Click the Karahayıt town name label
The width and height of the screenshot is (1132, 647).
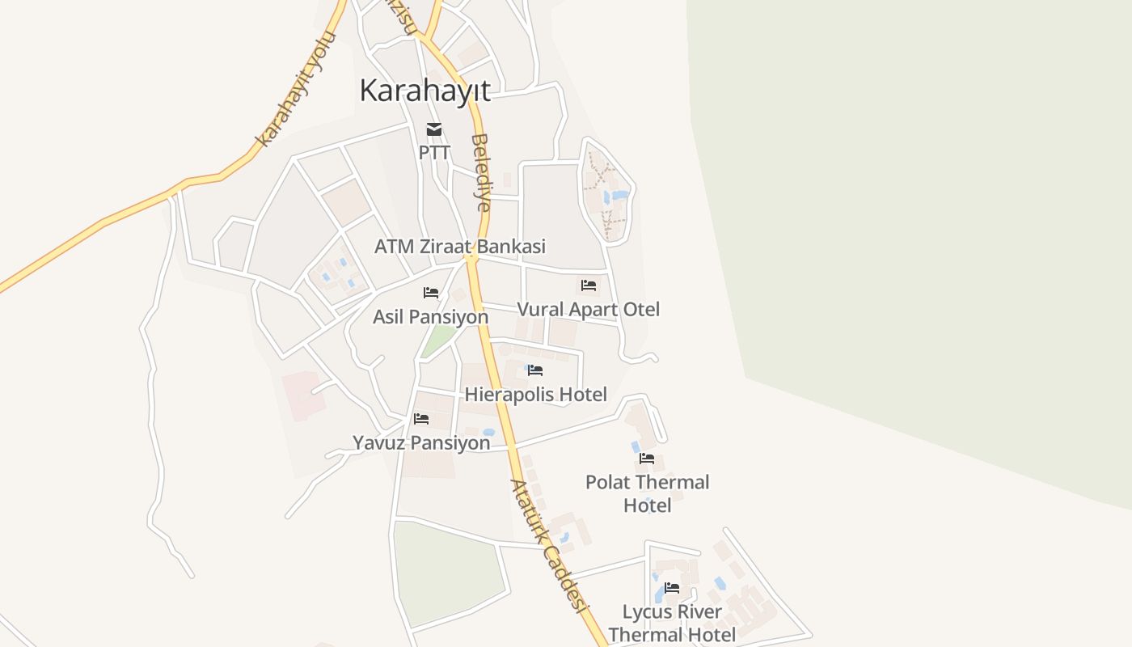pos(424,91)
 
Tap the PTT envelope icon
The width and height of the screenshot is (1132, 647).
pos(434,129)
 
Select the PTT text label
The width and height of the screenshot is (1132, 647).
pos(434,152)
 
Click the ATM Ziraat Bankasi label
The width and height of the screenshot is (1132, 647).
pos(459,247)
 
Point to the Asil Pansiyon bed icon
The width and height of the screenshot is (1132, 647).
pos(431,293)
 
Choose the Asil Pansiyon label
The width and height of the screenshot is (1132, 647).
pos(430,316)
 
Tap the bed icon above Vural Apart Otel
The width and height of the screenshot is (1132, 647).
pos(589,285)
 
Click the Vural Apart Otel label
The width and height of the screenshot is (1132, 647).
pos(588,309)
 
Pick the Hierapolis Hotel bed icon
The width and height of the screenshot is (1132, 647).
pos(535,370)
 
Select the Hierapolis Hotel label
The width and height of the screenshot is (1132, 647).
pos(535,395)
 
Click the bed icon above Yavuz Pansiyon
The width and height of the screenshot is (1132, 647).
pos(421,419)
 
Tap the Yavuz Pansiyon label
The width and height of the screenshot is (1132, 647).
pos(421,443)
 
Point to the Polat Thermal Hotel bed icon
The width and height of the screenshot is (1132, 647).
pos(647,458)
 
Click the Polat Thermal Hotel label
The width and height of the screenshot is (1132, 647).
pos(647,493)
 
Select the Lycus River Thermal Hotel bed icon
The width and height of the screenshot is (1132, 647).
pos(672,588)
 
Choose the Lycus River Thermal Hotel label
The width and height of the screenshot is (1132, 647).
pos(672,623)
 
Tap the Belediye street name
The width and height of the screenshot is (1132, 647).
pos(481,172)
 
